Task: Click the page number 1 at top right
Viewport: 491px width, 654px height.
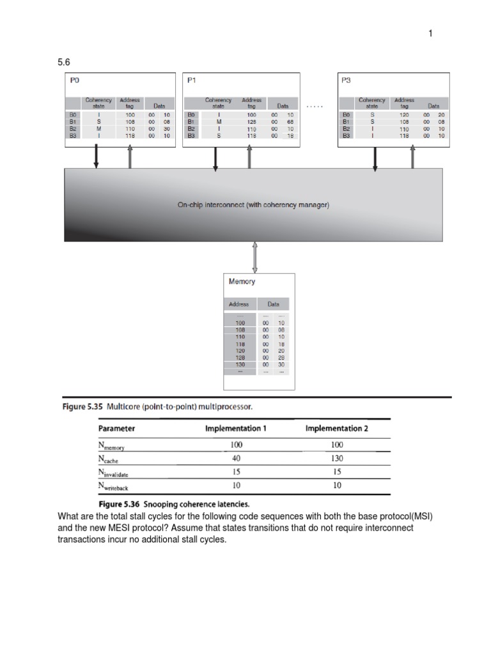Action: pyautogui.click(x=431, y=34)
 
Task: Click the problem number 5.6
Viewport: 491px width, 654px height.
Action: pyautogui.click(x=65, y=63)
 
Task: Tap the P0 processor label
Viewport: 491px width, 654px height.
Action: pyautogui.click(x=74, y=80)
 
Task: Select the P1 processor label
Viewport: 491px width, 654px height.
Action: pyautogui.click(x=192, y=80)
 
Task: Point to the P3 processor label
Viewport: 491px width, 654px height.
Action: pyautogui.click(x=347, y=80)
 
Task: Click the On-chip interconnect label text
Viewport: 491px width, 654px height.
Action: pyautogui.click(x=253, y=205)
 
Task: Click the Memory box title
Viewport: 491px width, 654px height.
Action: pyautogui.click(x=242, y=282)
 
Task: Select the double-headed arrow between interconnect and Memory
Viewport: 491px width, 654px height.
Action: pyautogui.click(x=256, y=257)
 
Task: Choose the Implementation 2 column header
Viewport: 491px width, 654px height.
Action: pyautogui.click(x=337, y=429)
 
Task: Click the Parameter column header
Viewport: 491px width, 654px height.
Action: pyautogui.click(x=116, y=429)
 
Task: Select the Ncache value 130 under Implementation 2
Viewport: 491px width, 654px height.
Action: pyautogui.click(x=337, y=459)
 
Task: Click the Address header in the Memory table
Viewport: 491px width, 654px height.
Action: pyautogui.click(x=238, y=305)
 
